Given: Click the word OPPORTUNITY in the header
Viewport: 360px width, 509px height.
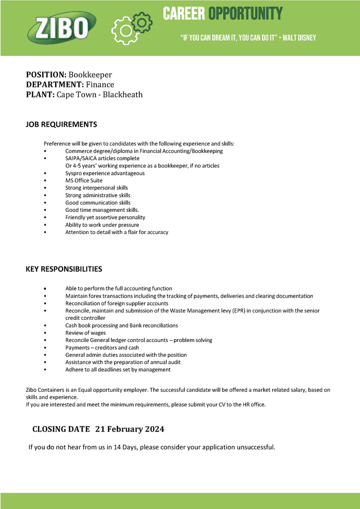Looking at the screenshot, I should tap(245, 13).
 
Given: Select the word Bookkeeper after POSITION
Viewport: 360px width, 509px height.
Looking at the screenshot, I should tap(90, 75).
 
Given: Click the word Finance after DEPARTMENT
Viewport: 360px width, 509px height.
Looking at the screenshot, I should tap(100, 85).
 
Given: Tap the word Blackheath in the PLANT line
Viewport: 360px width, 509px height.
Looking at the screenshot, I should tap(123, 94).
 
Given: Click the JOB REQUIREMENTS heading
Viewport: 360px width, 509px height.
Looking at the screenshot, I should tap(61, 124).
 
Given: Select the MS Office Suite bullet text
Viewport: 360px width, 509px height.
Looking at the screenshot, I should tap(84, 180).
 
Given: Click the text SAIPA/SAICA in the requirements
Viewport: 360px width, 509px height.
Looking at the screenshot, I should tap(81, 158).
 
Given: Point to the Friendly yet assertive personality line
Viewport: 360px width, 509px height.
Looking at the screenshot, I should tap(105, 217).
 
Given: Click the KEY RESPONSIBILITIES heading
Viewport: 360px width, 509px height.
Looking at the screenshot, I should tap(64, 269).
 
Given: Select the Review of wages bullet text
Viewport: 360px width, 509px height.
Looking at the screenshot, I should tap(85, 333).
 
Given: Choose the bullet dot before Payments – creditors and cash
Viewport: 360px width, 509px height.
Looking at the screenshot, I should tap(45, 348).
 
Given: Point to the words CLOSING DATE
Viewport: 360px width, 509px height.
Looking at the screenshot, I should tap(61, 429).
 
